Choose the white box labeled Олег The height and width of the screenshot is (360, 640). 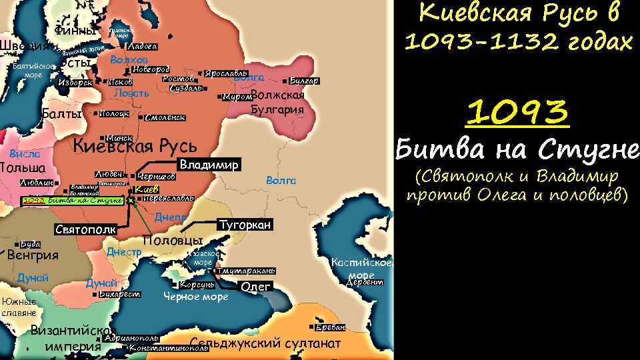[x=255, y=286]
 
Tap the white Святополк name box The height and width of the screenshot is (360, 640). [x=85, y=229]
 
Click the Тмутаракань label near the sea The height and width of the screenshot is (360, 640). [x=245, y=271]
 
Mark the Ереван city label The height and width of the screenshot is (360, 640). [x=331, y=327]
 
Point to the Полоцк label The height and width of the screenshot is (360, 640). [x=114, y=113]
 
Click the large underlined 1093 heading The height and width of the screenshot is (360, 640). [x=517, y=114]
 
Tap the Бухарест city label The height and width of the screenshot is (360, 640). [x=119, y=294]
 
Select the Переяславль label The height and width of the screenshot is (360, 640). [x=168, y=198]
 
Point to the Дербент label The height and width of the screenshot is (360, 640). [x=365, y=282]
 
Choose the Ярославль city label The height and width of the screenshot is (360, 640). [x=226, y=73]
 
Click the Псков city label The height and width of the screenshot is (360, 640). [x=120, y=82]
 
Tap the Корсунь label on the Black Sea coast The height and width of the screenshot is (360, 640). [x=197, y=285]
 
